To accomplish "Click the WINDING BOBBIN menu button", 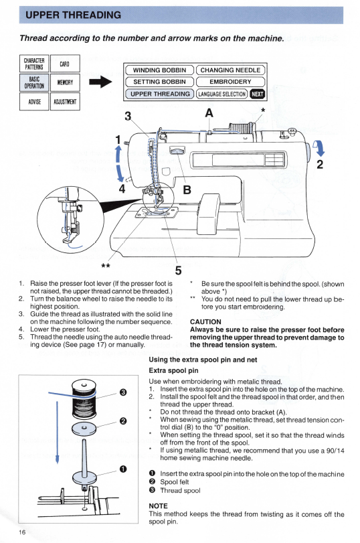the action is [159, 70].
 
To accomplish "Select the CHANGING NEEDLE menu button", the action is [231, 70].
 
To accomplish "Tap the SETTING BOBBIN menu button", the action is [159, 82].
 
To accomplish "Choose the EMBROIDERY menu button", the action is [231, 82].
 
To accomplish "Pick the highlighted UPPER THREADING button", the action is [159, 94].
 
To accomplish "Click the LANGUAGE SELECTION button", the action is [222, 94].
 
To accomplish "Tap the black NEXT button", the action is [257, 94].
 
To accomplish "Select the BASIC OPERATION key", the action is [34, 82].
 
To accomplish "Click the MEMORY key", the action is [65, 82].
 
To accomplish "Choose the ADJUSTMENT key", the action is [65, 102].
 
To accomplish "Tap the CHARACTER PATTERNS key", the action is [34, 64].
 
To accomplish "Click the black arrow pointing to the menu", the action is [100, 82].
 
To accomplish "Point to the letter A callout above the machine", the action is [209, 113].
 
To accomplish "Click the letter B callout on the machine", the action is [187, 189].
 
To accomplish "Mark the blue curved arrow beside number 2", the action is [319, 148].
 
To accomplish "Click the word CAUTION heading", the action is [205, 321].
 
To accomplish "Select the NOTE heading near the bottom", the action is [158, 506].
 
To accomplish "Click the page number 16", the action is [22, 532].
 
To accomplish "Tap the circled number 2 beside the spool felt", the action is [123, 421].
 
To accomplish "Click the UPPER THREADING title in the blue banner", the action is [74, 15].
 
